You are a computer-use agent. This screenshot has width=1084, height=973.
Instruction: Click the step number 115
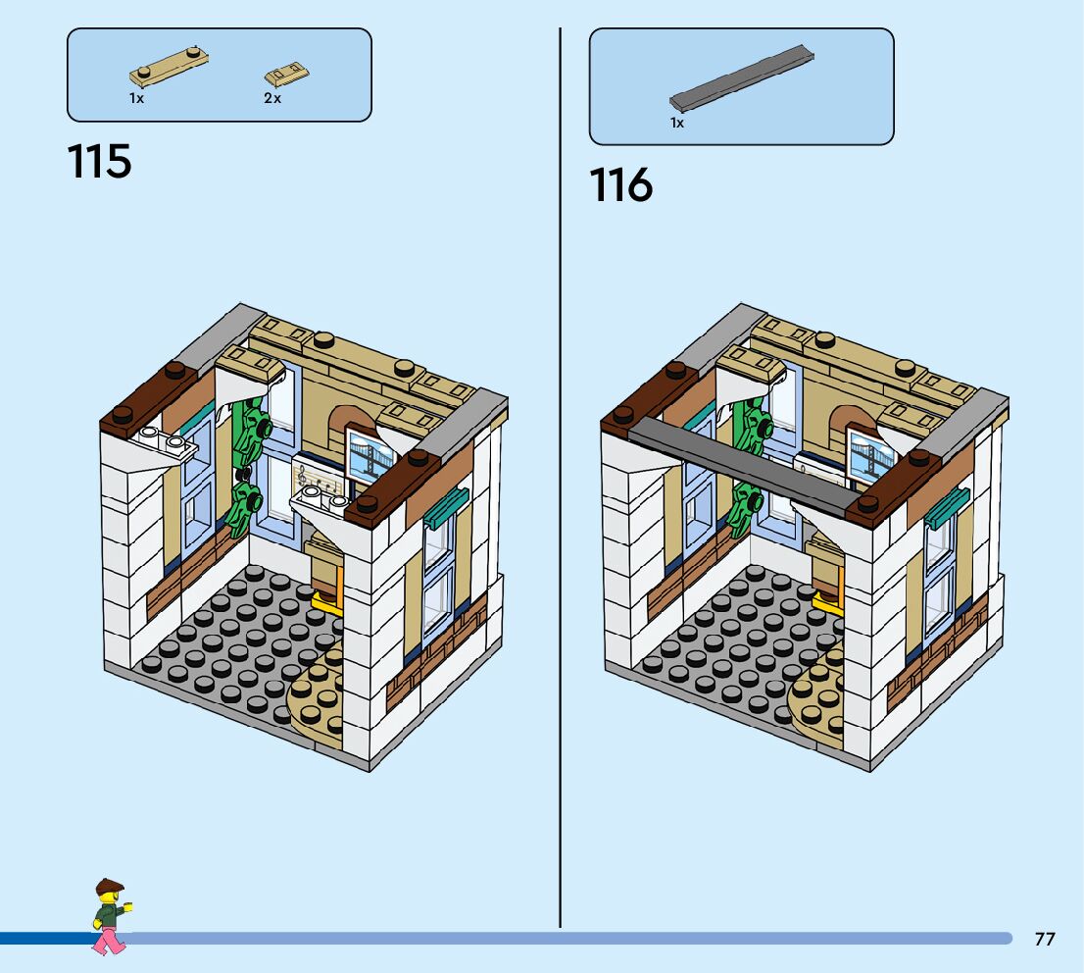[99, 161]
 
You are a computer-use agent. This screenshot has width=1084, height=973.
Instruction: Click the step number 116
[620, 184]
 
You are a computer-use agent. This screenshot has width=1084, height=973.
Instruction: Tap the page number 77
[1045, 939]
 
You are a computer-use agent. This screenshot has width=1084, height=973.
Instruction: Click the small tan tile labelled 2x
[285, 74]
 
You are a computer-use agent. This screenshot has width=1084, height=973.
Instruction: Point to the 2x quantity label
[271, 98]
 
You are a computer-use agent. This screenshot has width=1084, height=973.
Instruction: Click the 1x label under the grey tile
[676, 123]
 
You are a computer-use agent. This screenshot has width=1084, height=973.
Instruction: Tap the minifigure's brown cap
[109, 886]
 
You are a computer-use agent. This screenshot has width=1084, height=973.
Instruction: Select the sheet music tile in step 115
[320, 480]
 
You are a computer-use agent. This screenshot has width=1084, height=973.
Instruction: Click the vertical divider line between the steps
[561, 490]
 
